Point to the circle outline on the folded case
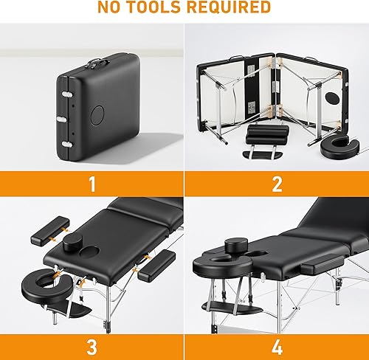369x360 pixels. [x=97, y=115]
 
